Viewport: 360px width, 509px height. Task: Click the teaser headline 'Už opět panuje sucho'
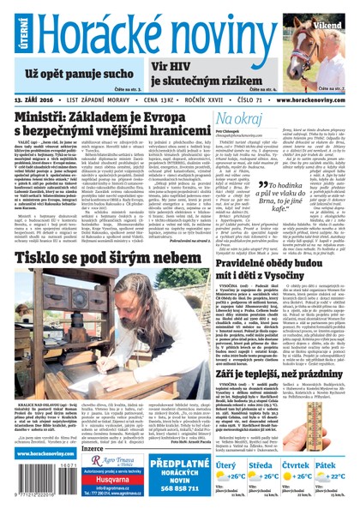pos(72,74)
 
